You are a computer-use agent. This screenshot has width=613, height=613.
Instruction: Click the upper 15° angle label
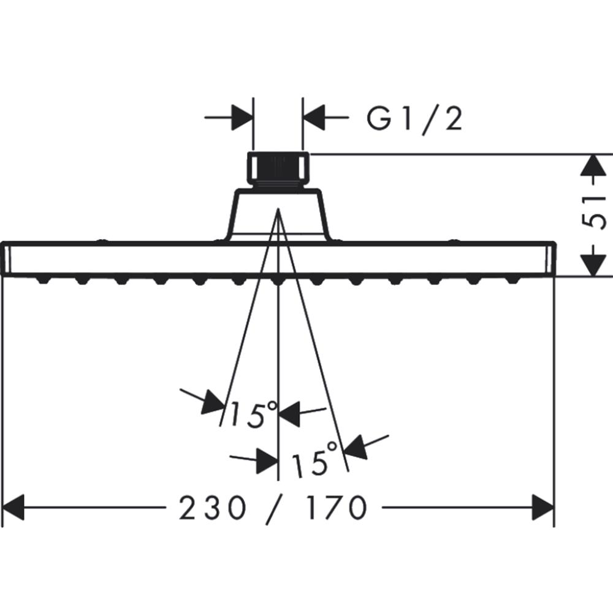click(253, 414)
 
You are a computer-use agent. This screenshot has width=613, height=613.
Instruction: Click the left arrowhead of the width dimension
click(13, 508)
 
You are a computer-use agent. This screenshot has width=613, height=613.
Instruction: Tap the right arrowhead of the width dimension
click(543, 508)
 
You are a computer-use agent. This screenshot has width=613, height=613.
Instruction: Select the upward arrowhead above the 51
click(593, 166)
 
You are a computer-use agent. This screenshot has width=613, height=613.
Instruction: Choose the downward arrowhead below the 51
click(593, 265)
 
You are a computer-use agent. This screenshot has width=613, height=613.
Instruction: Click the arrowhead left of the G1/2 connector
click(242, 117)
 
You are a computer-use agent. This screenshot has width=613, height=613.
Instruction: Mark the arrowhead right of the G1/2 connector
click(314, 117)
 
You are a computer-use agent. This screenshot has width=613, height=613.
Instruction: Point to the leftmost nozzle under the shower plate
click(43, 280)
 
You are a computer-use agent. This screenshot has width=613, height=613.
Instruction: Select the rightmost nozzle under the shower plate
click(512, 280)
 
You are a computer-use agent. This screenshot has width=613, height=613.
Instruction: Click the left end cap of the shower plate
click(6, 259)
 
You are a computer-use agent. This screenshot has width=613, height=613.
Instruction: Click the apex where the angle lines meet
click(278, 209)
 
